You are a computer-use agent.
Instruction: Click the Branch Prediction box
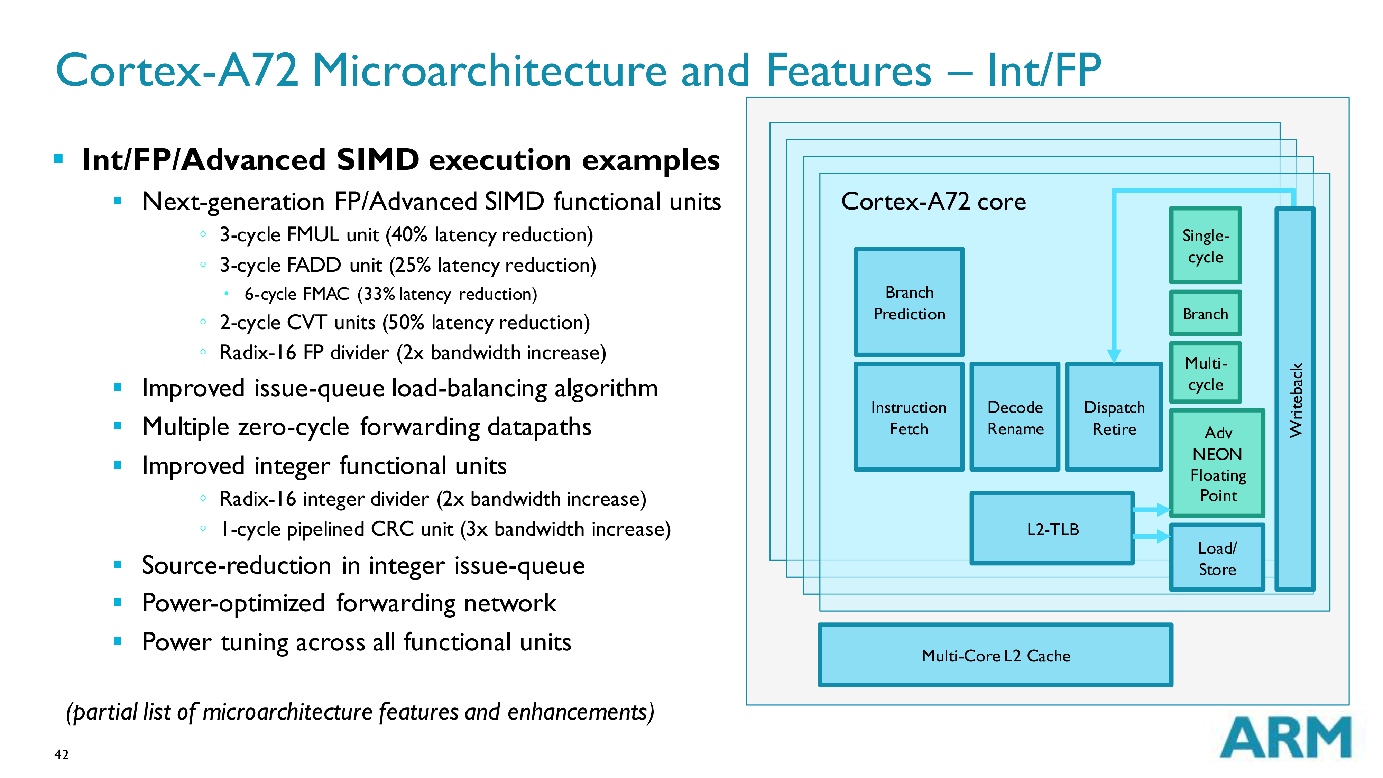point(909,302)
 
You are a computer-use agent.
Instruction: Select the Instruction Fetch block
point(909,417)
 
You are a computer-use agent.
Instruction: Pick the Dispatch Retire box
point(1114,417)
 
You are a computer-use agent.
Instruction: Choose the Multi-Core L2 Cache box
point(995,655)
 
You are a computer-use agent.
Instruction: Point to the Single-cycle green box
point(1205,246)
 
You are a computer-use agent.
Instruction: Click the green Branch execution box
point(1205,314)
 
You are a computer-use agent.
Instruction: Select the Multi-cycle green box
point(1205,373)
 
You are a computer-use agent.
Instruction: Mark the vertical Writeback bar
point(1294,400)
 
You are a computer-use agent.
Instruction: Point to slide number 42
point(61,754)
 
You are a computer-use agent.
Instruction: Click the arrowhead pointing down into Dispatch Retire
point(1114,355)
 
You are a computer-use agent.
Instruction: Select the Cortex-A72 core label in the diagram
point(933,201)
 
